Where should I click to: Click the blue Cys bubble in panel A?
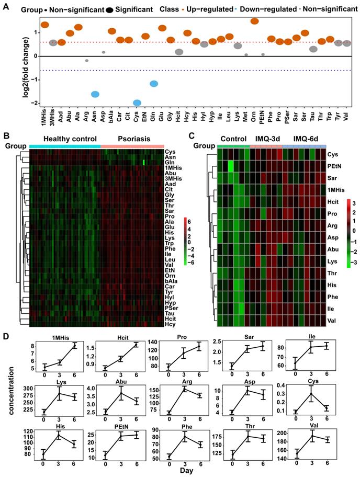[137, 103]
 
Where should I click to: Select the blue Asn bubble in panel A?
[95, 94]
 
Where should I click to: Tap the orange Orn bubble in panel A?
[255, 21]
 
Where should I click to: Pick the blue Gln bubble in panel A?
[154, 84]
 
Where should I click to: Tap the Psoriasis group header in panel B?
[132, 139]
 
